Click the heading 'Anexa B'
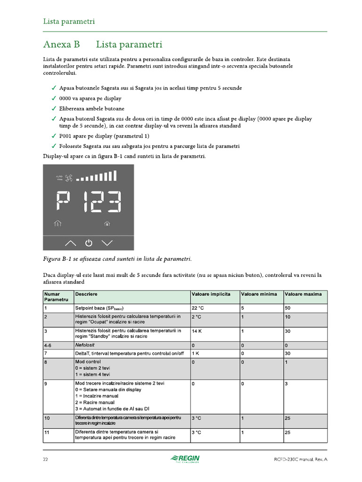61,45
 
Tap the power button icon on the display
89,243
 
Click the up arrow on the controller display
70,243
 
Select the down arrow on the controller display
107,243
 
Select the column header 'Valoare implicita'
211,294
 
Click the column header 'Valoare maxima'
303,294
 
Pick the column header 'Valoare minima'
259,294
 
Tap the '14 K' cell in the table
197,331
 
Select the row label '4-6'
48,345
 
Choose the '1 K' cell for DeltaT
196,353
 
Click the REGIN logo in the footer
186,459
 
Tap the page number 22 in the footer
46,459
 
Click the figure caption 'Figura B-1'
56,259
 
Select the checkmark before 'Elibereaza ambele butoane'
55,109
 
